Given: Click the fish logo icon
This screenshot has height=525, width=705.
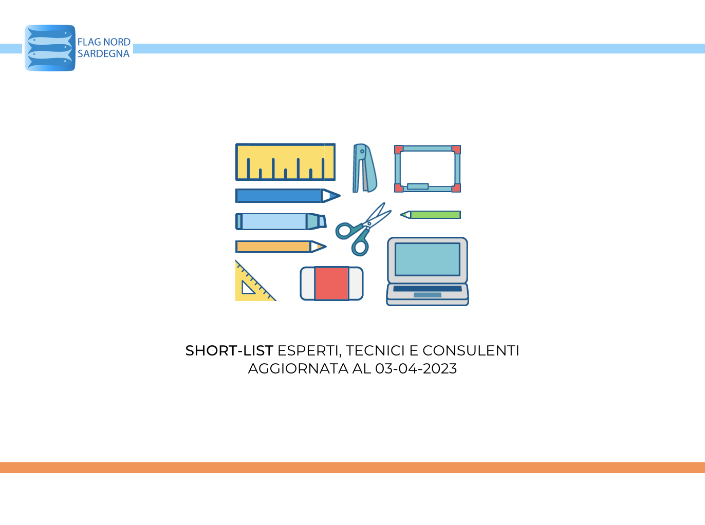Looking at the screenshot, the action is (50, 48).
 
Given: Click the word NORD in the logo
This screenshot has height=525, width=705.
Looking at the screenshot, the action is (117, 42).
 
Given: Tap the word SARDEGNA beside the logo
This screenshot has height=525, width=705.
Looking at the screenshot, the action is (103, 54).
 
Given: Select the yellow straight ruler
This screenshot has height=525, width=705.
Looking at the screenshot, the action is (285, 162).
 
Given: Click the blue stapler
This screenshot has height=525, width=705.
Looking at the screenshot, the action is (365, 168).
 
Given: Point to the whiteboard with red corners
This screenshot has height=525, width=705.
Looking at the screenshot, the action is (427, 168).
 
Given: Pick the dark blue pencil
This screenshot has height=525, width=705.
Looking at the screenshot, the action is (288, 196).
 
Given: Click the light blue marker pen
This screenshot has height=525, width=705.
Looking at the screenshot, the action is (281, 221).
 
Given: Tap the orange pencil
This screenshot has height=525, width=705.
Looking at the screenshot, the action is (281, 247).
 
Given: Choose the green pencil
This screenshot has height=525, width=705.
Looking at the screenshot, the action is (431, 215).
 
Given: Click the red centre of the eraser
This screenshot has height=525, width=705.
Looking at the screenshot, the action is (331, 284).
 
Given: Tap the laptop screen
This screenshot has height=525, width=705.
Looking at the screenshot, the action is (427, 259).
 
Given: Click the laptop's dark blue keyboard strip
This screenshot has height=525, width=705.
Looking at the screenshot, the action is (427, 289).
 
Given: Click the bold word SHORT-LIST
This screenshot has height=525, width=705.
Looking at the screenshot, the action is (229, 351).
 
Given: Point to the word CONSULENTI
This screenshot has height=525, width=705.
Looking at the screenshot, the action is (471, 351).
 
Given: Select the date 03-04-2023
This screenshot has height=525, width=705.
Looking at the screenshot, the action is (416, 369).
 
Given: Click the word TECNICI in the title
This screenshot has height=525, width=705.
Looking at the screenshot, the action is (375, 351).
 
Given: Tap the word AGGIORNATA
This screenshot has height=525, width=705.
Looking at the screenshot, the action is (298, 369).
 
